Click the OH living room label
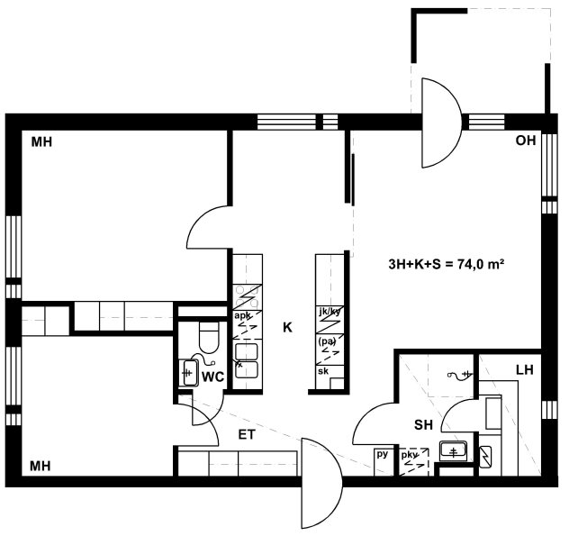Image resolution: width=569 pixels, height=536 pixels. pyautogui.click(x=526, y=141)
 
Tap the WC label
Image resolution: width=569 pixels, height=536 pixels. pyautogui.click(x=213, y=377)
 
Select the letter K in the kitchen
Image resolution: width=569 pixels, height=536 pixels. pyautogui.click(x=287, y=328)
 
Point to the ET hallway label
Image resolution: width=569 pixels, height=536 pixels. pyautogui.click(x=247, y=434)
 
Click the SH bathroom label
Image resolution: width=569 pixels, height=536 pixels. pyautogui.click(x=423, y=424)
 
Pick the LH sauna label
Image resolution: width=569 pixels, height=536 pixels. pyautogui.click(x=525, y=370)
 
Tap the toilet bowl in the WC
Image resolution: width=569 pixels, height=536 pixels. pyautogui.click(x=210, y=337)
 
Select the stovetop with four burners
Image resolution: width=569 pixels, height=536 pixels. pyautogui.click(x=247, y=296)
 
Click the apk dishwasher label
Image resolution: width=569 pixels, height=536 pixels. pyautogui.click(x=241, y=315)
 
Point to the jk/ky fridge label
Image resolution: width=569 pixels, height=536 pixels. pyautogui.click(x=330, y=312)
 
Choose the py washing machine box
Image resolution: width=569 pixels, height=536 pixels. pyautogui.click(x=384, y=462)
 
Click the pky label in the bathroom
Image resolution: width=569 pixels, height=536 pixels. pyautogui.click(x=410, y=455)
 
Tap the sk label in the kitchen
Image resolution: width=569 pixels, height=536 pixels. pyautogui.click(x=323, y=371)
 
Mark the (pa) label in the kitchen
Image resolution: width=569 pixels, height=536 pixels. pyautogui.click(x=327, y=341)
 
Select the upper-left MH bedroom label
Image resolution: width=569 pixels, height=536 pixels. pyautogui.click(x=41, y=142)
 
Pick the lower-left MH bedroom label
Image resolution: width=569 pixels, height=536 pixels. pyautogui.click(x=40, y=466)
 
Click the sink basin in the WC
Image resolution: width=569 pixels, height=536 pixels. pyautogui.click(x=189, y=373)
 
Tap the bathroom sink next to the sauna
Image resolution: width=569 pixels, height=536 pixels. pyautogui.click(x=453, y=451)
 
